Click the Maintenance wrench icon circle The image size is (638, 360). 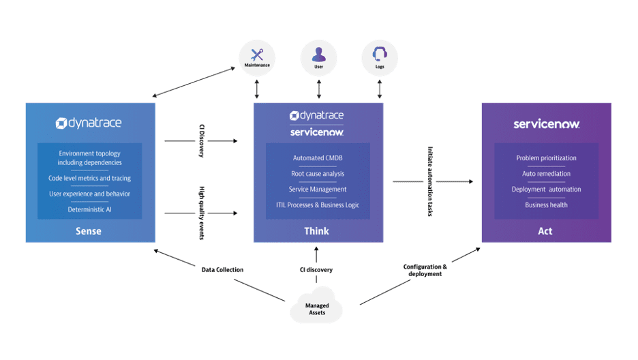tap(257, 58)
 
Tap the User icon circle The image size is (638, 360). tap(318, 58)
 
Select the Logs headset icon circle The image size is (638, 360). tap(380, 58)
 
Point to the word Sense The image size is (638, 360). tap(89, 231)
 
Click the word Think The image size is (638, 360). tap(317, 231)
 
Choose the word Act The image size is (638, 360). tap(546, 231)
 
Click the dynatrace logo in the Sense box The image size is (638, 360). tap(90, 123)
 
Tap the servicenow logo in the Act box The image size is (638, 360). tap(546, 124)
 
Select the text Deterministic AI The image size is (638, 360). tap(89, 209)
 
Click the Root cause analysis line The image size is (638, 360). tap(318, 174)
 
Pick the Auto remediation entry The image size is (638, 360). tap(546, 174)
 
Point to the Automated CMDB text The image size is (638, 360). tap(318, 158)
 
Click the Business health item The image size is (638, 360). tap(546, 205)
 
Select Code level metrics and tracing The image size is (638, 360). tap(89, 178)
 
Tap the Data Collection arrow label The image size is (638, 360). tap(221, 269)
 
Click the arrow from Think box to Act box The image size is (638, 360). tap(433, 181)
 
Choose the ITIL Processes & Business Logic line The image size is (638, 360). tap(318, 205)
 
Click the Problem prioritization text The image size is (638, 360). tap(546, 158)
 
